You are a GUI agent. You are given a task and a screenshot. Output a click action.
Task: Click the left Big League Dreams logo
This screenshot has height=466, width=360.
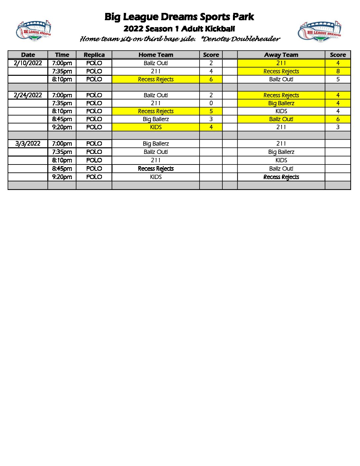click(x=33, y=31)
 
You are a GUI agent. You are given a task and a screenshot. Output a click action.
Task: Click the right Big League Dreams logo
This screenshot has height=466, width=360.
click(x=320, y=32)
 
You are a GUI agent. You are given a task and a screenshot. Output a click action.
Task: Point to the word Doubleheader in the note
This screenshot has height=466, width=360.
click(x=255, y=39)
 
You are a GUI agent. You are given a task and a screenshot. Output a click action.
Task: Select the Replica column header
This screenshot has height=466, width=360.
click(x=94, y=55)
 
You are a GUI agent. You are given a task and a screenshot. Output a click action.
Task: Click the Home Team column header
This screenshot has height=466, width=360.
click(x=156, y=55)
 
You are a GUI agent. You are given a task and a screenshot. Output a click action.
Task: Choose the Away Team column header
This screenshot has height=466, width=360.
click(x=281, y=55)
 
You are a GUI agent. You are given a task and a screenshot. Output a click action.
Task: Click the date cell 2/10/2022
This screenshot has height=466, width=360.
click(x=28, y=63)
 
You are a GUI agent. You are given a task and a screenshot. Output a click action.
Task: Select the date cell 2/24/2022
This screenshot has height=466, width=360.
click(x=28, y=95)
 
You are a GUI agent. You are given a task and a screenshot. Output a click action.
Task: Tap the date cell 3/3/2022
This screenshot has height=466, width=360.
click(x=28, y=144)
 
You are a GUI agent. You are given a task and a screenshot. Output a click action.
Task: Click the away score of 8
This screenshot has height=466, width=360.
click(x=338, y=71)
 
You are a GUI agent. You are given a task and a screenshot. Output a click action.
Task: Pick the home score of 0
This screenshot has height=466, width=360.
click(x=211, y=103)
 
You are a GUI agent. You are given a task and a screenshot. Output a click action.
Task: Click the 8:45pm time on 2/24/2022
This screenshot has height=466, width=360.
click(x=62, y=119)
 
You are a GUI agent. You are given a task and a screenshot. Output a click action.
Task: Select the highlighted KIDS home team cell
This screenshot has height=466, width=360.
click(x=156, y=127)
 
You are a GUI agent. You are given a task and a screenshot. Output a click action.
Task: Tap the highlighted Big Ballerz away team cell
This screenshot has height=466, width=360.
click(x=281, y=103)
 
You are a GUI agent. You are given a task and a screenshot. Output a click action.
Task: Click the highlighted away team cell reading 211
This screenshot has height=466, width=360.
click(x=281, y=63)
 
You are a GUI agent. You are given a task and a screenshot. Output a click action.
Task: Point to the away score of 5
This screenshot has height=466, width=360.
click(x=338, y=79)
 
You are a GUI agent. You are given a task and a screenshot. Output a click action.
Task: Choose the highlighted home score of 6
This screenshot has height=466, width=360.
click(x=211, y=79)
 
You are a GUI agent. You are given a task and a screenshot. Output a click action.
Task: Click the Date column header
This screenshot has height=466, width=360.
click(x=28, y=55)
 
